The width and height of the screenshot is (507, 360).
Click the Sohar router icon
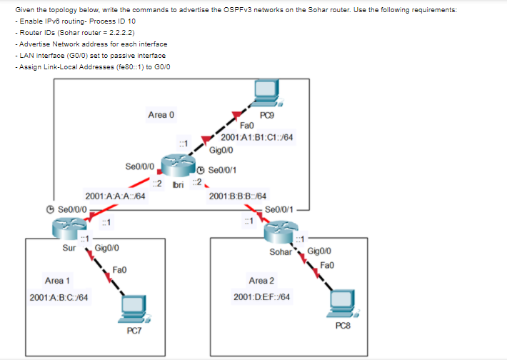point(280,232)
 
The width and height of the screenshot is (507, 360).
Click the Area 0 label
point(161,114)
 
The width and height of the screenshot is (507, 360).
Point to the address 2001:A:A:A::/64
point(116,196)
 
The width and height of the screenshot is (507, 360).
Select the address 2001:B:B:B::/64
point(238,196)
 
